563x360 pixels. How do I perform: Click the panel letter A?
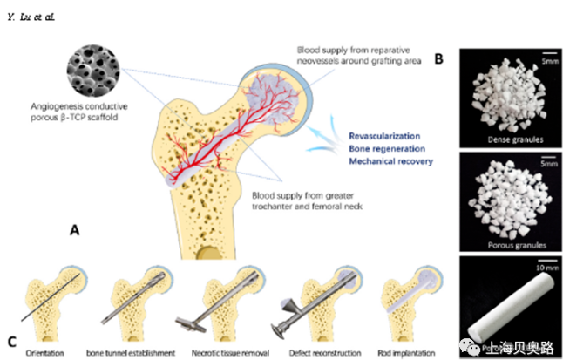(76, 231)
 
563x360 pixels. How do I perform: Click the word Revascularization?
(385, 137)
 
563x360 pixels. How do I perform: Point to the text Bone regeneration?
(383, 149)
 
